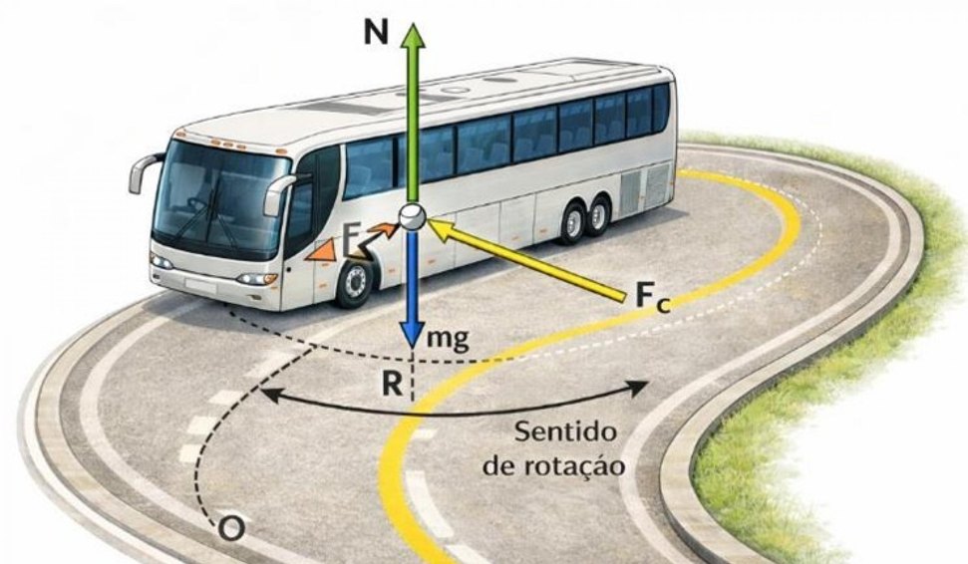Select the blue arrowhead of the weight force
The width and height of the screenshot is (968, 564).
(x=412, y=335)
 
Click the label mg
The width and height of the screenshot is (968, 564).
(x=449, y=338)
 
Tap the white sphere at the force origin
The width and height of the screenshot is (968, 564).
(x=413, y=216)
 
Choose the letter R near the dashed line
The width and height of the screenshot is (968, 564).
(x=392, y=384)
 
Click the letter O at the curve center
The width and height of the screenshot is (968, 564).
(x=231, y=529)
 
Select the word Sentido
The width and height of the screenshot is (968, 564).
(x=565, y=430)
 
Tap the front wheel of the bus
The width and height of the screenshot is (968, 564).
(x=355, y=283)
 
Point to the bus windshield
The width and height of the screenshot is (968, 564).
(x=221, y=198)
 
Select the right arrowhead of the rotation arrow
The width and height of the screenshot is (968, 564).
(x=638, y=388)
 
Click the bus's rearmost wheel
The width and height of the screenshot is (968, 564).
(x=597, y=216)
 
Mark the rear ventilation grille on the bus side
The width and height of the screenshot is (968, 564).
(x=645, y=182)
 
